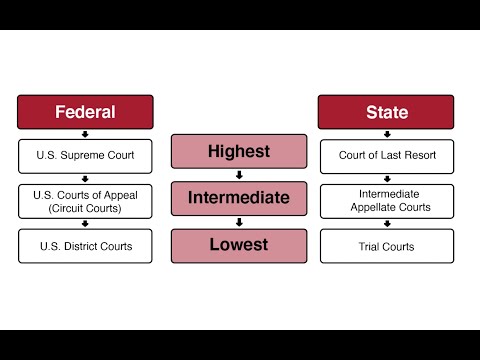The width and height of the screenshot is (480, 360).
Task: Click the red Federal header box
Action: [x=85, y=112]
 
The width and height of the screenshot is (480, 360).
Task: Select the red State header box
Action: [x=386, y=112]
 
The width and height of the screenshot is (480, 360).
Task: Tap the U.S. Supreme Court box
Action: [x=85, y=155]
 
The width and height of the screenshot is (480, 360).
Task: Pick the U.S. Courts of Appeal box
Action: [x=85, y=200]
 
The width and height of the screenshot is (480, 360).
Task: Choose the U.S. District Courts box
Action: [x=85, y=246]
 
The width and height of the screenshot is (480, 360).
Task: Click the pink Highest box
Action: [x=238, y=152]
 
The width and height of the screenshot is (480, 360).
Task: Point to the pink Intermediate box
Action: [x=238, y=198]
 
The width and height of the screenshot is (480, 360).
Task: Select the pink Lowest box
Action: [x=238, y=244]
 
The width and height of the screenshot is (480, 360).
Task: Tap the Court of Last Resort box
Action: [x=386, y=155]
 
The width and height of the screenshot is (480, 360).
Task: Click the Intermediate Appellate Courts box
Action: [x=386, y=200]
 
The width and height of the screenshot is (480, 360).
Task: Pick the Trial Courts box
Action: [x=386, y=246]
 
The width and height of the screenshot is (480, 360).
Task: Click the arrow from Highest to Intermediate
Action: [x=238, y=174]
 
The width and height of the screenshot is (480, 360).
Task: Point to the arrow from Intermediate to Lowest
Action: [x=238, y=221]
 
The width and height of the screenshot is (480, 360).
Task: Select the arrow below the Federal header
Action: [x=85, y=134]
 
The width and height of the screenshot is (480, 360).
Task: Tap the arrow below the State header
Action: [x=386, y=134]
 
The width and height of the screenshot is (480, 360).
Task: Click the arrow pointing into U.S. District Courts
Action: [x=85, y=224]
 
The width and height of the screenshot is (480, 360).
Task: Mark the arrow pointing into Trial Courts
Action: [x=386, y=224]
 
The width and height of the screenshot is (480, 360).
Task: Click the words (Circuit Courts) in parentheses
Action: [x=85, y=208]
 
